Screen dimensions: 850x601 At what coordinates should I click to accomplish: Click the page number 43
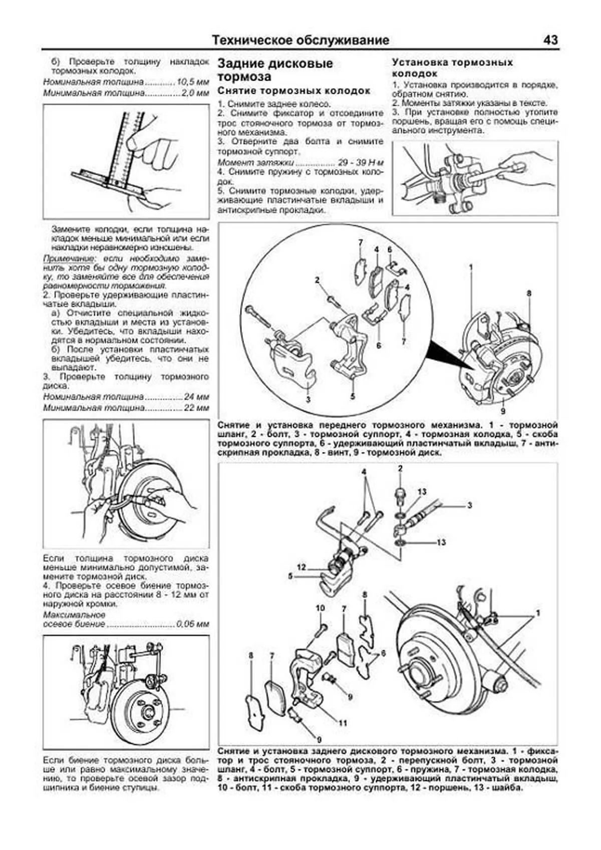pos(550,40)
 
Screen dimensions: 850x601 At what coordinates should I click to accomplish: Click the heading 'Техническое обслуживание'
pos(300,40)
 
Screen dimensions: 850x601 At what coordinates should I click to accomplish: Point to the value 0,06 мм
pos(192,624)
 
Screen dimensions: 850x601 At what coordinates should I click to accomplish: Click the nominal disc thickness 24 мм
pos(196,397)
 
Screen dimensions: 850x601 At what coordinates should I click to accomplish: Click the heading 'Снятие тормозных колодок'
pos(293,91)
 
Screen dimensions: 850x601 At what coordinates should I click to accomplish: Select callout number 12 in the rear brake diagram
pos(302,567)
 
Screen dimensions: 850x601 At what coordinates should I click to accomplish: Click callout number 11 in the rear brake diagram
pos(343,723)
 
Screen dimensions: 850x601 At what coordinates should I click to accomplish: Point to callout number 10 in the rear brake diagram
pos(320,608)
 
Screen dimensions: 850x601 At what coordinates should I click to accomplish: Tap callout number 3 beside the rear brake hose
pos(469,505)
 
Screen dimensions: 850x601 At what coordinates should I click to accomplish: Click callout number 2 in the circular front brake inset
pos(317,280)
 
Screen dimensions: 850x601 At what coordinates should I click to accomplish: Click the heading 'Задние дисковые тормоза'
pos(275,70)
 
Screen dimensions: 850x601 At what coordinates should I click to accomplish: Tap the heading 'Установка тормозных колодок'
pos(452,68)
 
